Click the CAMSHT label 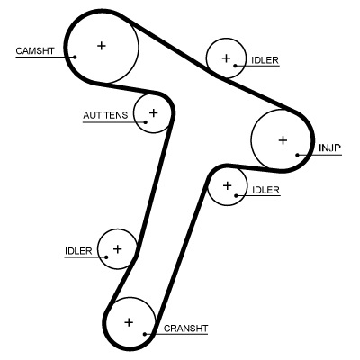click(34, 50)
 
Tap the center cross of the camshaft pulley click(101, 45)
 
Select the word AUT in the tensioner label click(93, 116)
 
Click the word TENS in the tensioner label click(116, 116)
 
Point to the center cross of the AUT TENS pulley click(153, 112)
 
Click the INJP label click(329, 148)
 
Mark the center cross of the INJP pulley click(283, 139)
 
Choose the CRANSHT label click(185, 328)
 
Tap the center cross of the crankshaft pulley click(129, 321)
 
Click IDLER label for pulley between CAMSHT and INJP click(265, 60)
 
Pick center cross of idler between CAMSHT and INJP click(225, 58)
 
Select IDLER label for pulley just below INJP click(265, 190)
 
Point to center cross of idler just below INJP click(228, 186)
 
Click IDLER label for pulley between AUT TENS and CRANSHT click(79, 251)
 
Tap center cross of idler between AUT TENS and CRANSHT click(117, 247)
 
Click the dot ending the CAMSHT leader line click(76, 57)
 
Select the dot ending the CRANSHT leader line click(144, 335)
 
